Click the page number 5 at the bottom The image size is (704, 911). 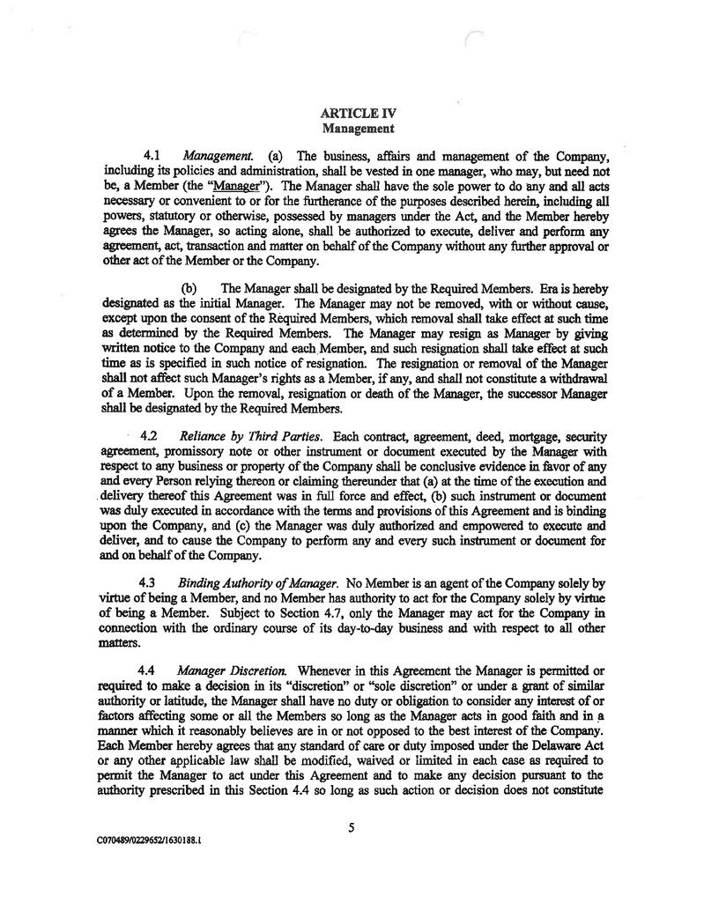[x=351, y=826]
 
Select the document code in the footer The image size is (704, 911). [x=147, y=840]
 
